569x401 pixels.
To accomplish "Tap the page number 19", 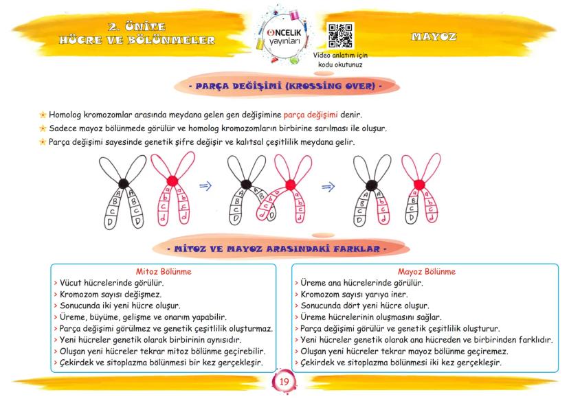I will click(284, 382).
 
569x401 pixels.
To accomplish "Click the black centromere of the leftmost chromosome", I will click(124, 183).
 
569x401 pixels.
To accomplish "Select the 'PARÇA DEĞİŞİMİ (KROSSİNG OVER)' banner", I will click(284, 87).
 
